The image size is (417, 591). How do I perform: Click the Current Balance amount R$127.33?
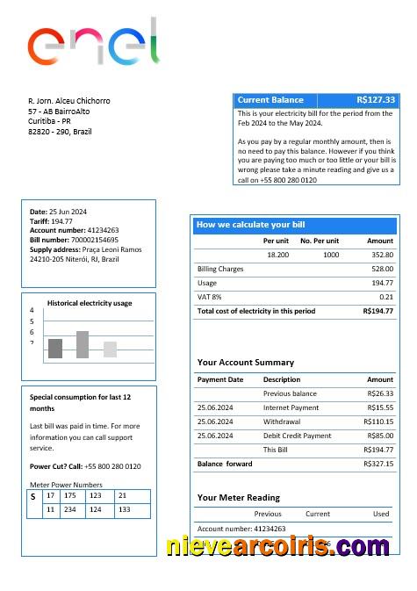376,100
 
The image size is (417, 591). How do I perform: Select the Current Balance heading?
270,100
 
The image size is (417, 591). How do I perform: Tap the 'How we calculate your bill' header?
250,225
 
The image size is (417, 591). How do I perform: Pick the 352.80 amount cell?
382,255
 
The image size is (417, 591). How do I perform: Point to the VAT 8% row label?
209,297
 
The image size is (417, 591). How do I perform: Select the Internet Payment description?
291,407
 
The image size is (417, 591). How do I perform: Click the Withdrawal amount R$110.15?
378,422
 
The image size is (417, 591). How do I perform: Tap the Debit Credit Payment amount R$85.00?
380,436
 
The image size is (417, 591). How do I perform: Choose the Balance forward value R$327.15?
378,464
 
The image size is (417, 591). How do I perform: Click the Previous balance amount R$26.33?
380,393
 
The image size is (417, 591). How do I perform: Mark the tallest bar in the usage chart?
83,344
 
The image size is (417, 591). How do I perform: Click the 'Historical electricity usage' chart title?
90,303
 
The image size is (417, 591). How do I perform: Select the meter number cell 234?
70,509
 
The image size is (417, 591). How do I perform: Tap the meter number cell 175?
70,496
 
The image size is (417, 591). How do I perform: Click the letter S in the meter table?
33,497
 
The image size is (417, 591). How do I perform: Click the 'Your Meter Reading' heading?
239,498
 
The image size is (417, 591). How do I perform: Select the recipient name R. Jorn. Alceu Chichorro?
69,101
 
